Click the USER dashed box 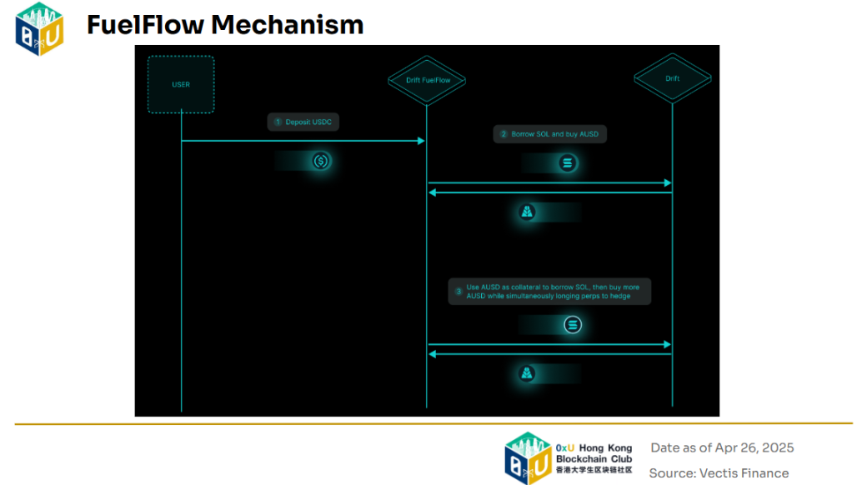[181, 84]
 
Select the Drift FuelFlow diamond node [426, 80]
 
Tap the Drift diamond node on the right [672, 79]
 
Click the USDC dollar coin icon [321, 162]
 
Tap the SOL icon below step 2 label [569, 163]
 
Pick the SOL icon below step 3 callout [572, 325]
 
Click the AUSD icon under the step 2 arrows [528, 213]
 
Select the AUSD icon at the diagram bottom [528, 374]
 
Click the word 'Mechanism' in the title [288, 25]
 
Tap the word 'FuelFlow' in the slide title [145, 25]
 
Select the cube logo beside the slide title [40, 28]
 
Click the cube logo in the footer [528, 457]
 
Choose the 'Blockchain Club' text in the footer [594, 459]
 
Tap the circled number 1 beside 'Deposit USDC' [278, 122]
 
